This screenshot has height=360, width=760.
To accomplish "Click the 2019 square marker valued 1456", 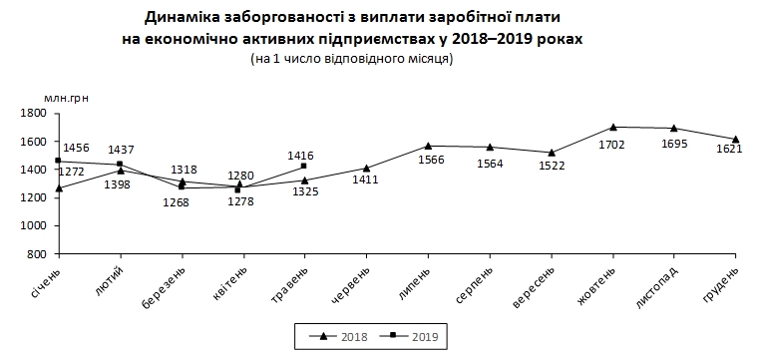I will click(x=60, y=161).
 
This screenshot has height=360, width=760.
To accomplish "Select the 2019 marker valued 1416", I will click(x=304, y=167).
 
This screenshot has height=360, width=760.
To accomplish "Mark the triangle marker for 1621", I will click(x=735, y=139).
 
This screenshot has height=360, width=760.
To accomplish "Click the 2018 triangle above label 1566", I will click(x=428, y=146).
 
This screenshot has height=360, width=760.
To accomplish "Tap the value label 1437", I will click(x=122, y=150).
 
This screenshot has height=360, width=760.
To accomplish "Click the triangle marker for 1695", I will click(x=674, y=129).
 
